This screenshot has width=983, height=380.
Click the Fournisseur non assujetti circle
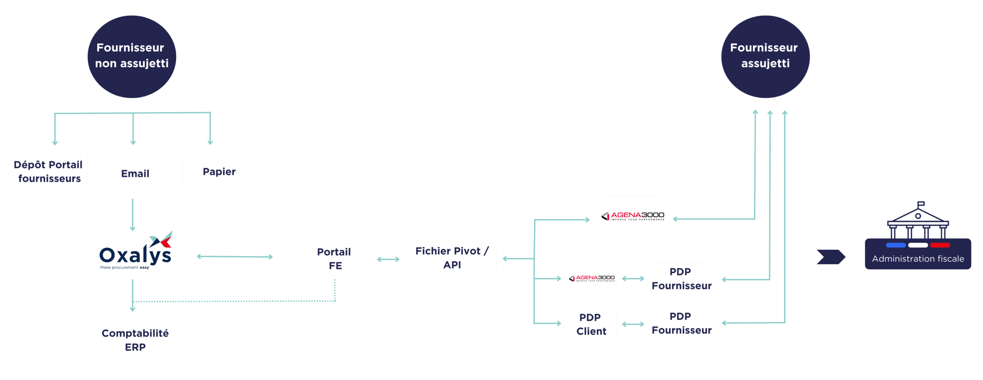132,56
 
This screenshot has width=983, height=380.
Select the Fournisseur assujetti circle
765,56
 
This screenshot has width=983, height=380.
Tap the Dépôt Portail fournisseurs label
48,171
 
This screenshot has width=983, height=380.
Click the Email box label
135,174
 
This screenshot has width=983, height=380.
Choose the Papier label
219,172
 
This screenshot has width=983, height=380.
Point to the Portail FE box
334,258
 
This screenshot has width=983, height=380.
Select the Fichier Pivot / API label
452,257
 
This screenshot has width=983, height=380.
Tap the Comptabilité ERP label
135,340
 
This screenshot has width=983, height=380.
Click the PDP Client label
591,324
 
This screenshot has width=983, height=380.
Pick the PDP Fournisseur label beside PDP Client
681,323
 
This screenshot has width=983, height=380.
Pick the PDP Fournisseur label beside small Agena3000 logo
681,279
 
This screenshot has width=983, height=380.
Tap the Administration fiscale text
918,259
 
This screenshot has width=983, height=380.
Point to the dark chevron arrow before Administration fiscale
831,257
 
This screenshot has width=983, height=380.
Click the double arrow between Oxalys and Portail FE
235,256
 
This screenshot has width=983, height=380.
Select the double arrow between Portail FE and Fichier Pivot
388,259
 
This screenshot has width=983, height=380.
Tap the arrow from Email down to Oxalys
133,214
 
